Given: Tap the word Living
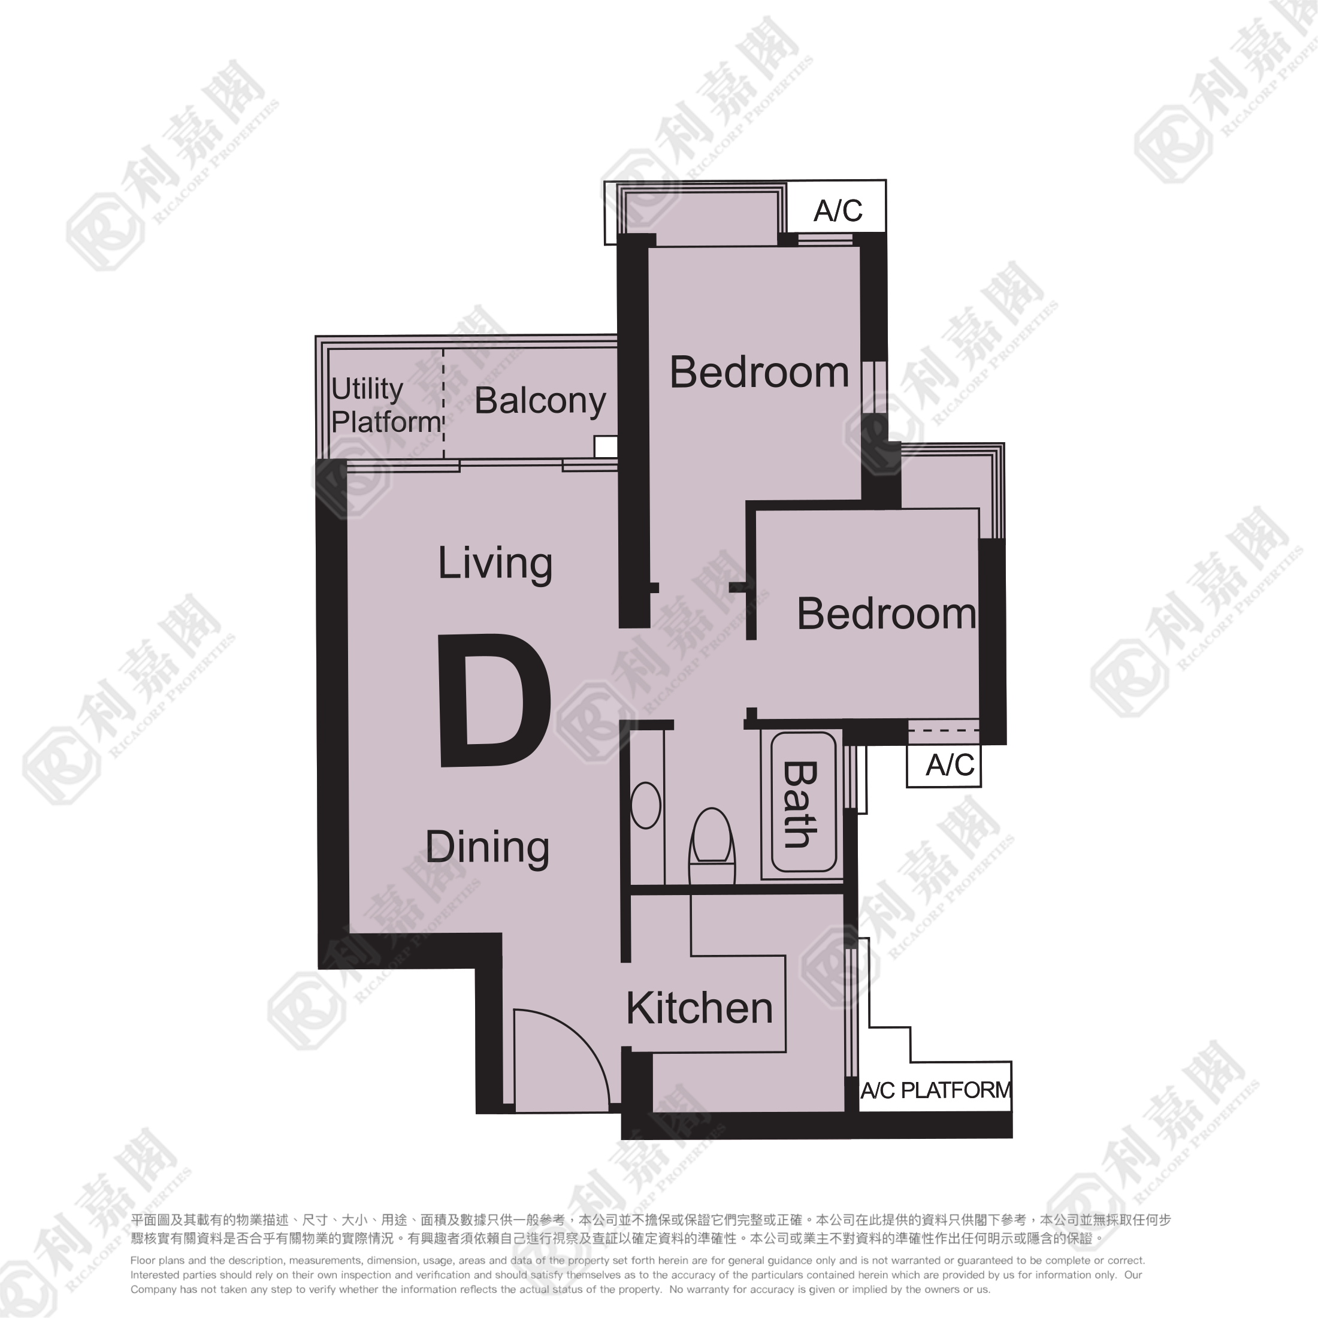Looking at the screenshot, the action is click(495, 564).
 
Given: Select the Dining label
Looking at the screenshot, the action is click(487, 847).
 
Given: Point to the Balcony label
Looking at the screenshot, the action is click(540, 401).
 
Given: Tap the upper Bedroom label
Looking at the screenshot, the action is click(758, 373).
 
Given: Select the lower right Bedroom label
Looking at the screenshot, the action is click(886, 614).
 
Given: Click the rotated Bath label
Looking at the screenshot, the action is click(800, 805).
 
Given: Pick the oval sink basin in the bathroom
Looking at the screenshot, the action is click(645, 806).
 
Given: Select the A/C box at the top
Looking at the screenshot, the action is click(836, 207).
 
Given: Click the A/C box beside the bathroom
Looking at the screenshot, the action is click(944, 766).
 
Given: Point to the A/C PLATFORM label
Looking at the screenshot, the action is click(935, 1091).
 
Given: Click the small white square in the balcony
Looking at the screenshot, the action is click(606, 447).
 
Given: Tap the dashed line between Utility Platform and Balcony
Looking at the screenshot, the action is click(443, 403).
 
